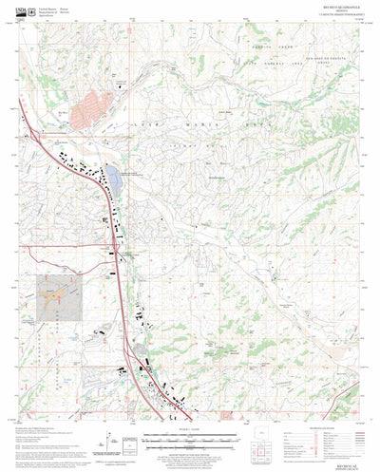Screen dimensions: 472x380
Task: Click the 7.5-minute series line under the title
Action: click(323, 19)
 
